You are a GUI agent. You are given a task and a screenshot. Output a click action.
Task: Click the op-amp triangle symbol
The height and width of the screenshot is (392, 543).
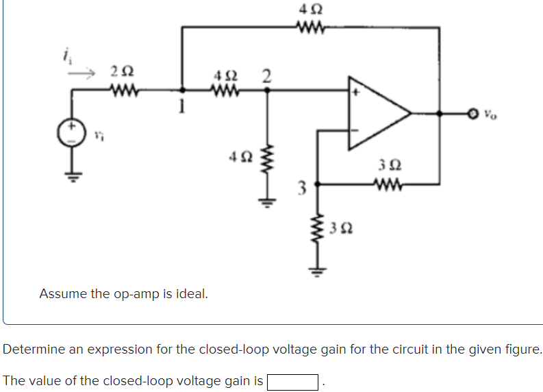[377, 114]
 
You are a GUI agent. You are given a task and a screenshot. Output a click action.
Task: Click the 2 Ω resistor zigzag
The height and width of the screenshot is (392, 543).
[124, 88]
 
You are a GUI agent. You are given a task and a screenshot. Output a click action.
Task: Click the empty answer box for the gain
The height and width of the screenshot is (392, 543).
[292, 381]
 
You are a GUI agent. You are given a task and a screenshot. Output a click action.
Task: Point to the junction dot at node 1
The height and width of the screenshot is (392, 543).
[183, 89]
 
